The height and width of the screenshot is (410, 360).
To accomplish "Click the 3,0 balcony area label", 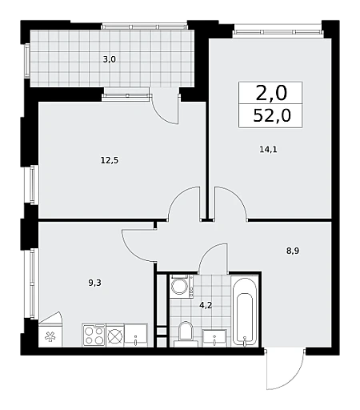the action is (110, 59).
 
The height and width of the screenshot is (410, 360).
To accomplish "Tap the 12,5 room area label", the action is (110, 160).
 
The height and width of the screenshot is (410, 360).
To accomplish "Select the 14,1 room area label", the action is (268, 150).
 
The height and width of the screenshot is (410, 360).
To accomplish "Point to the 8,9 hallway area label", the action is (293, 251).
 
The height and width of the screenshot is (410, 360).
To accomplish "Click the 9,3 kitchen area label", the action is (95, 283).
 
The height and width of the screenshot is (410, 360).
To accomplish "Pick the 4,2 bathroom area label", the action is (206, 305).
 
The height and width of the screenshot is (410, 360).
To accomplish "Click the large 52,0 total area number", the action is (272, 116).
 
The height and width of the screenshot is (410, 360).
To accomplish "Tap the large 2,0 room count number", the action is (271, 93).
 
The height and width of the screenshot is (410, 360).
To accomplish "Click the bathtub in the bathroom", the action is (245, 312).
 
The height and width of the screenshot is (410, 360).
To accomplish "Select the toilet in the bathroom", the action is (186, 334).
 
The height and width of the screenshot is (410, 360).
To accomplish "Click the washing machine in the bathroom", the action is (182, 287).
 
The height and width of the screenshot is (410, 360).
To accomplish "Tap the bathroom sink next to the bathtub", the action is (214, 338).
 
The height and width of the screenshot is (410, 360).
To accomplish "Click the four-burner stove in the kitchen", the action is (94, 336).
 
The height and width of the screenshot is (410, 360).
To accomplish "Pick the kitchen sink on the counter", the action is (136, 336).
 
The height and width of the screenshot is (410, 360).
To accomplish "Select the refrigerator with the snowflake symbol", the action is (50, 330).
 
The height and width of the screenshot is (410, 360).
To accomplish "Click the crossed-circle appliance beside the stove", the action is (115, 336).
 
